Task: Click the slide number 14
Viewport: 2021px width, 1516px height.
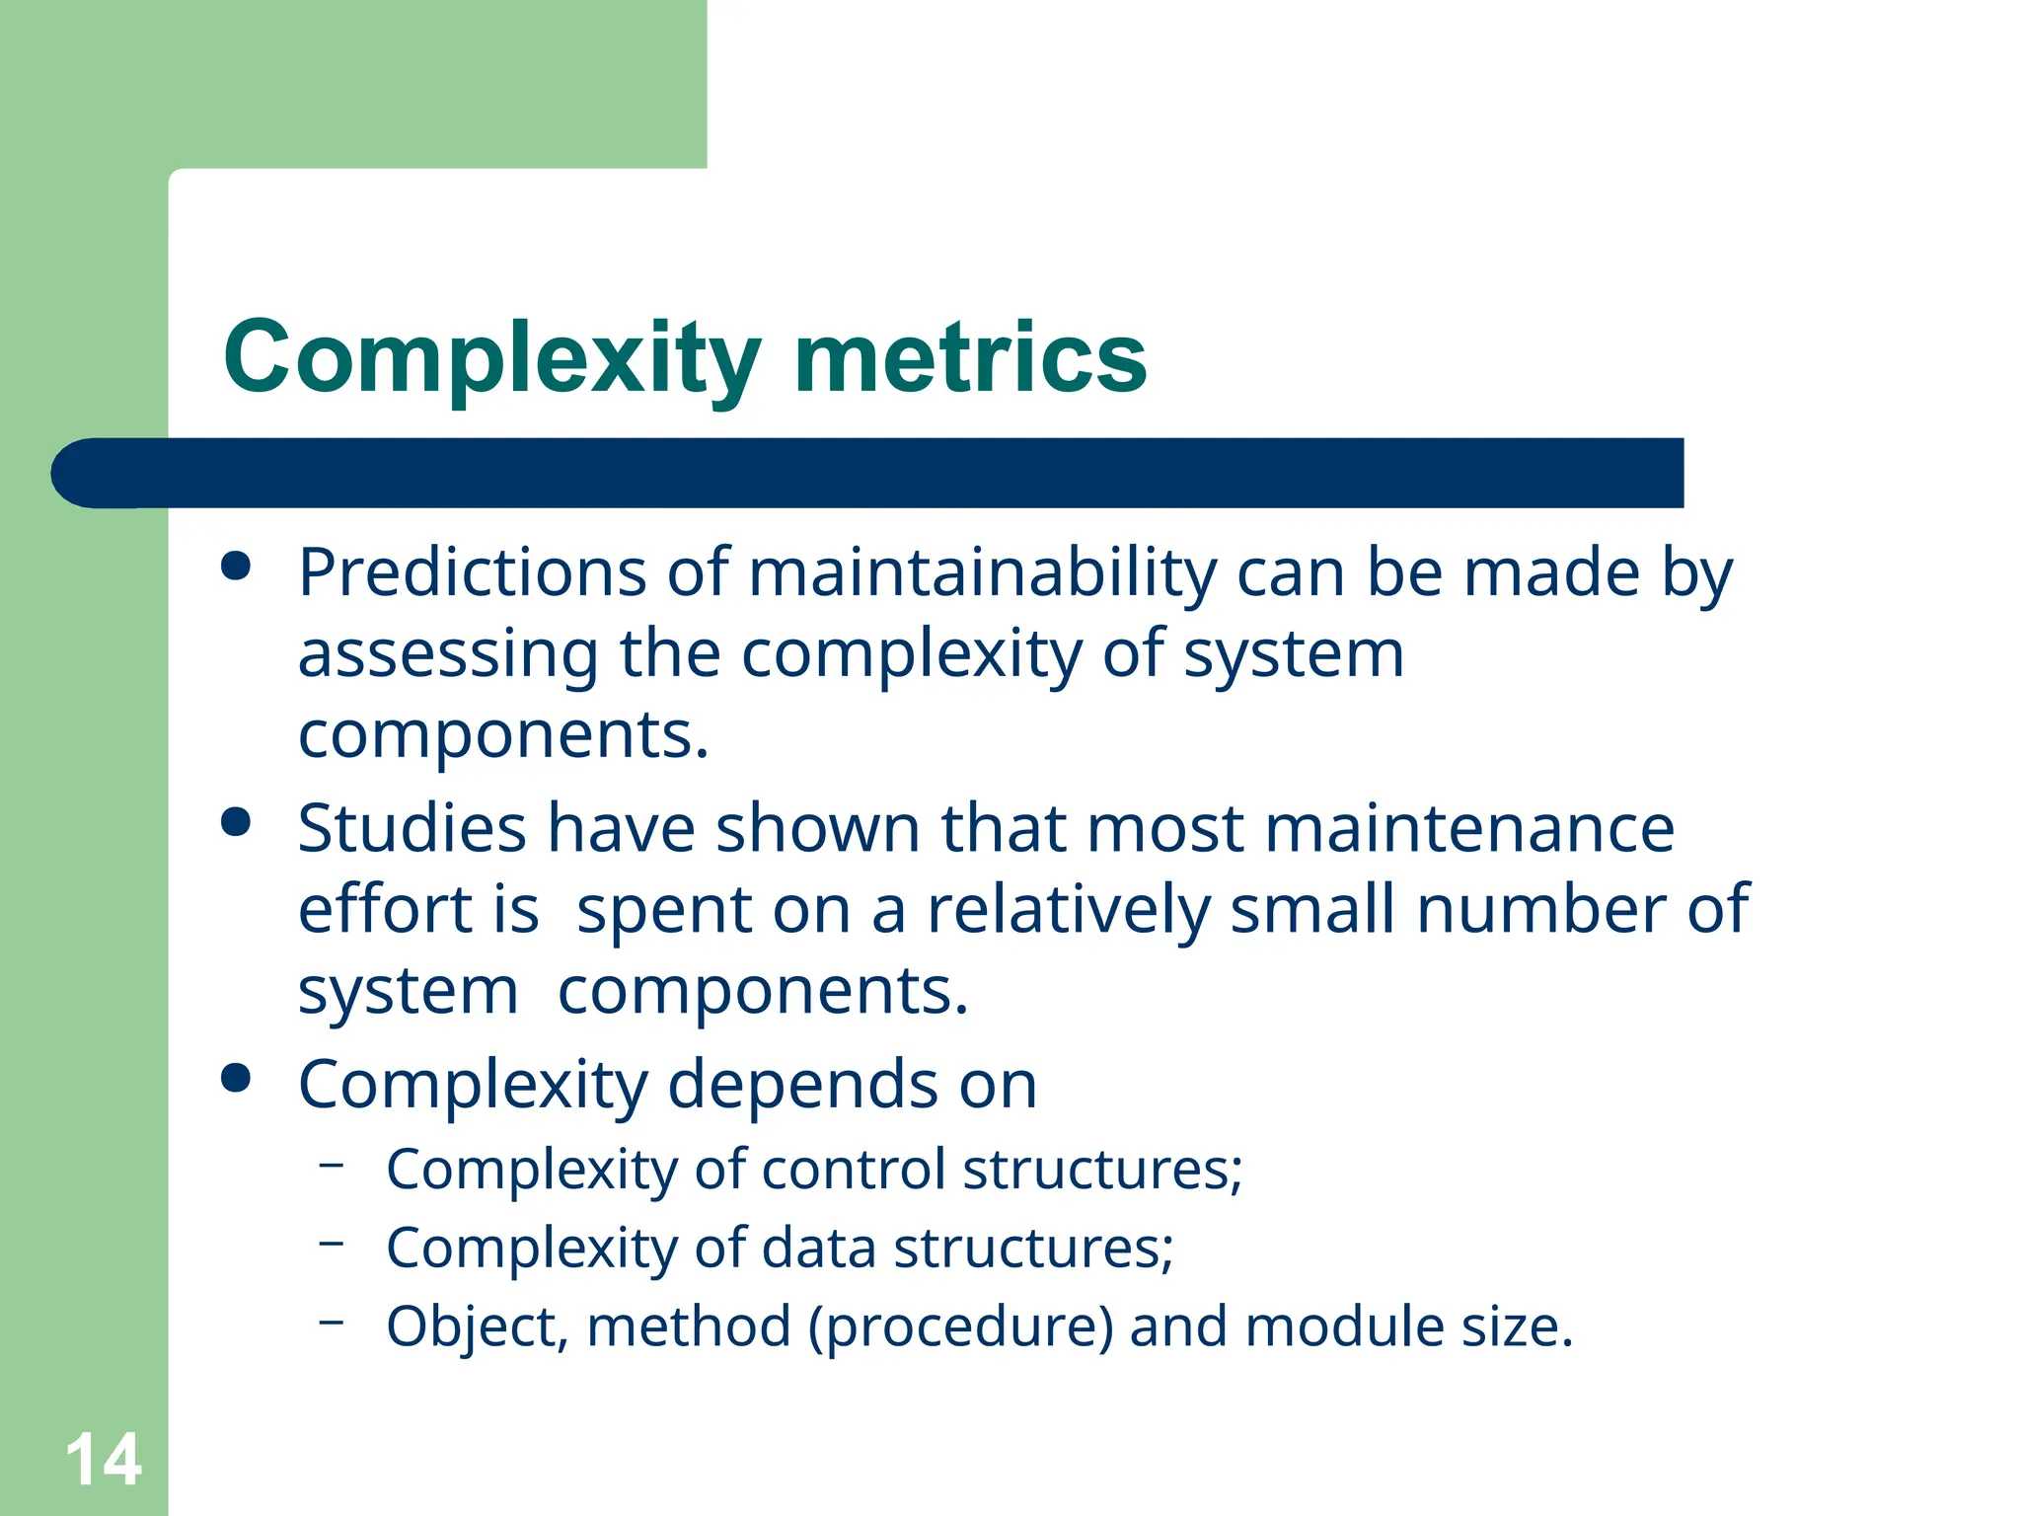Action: pos(103,1459)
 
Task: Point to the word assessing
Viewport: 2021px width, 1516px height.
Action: pos(448,654)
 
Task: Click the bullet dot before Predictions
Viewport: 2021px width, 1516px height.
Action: pos(237,567)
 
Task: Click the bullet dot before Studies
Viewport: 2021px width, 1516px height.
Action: pos(237,821)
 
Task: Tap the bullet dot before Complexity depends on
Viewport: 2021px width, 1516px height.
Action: pos(237,1078)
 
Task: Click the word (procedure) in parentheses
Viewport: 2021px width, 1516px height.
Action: pos(960,1326)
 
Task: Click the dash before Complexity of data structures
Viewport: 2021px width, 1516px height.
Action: pos(332,1243)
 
